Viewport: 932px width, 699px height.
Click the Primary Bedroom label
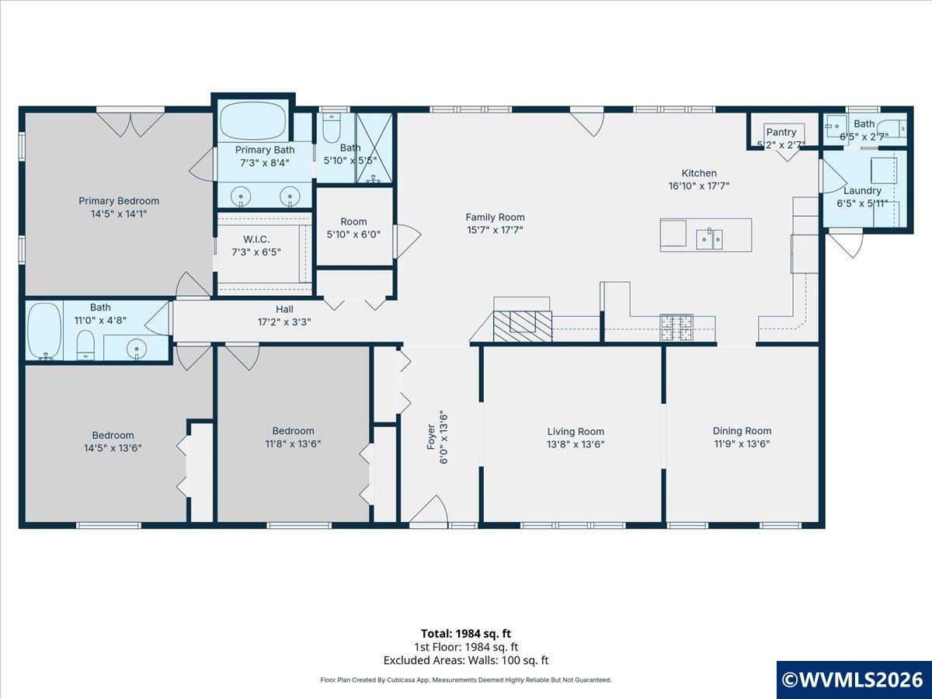pos(119,200)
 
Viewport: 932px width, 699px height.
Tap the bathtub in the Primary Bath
pos(253,120)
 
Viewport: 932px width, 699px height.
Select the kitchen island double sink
pos(709,239)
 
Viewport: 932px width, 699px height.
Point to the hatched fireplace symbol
pos(523,326)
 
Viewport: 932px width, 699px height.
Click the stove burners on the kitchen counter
pos(676,327)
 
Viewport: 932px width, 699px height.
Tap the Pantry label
pos(781,132)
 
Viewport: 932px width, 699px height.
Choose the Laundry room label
pos(862,191)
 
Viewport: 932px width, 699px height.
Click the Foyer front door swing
pos(429,509)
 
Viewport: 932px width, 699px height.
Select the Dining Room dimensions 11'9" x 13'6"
pos(742,444)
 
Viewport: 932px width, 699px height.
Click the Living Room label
pos(576,432)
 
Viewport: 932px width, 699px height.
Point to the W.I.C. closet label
pos(256,239)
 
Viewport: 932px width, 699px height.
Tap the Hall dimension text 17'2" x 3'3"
pos(284,322)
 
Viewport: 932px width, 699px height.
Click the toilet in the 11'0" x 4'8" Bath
pos(85,345)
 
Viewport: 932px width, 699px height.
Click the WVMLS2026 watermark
pos(854,680)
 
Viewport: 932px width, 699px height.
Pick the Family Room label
pos(495,217)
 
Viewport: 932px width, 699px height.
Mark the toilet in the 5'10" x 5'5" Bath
pos(331,127)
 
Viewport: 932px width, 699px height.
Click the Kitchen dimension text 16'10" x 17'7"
pos(699,186)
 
